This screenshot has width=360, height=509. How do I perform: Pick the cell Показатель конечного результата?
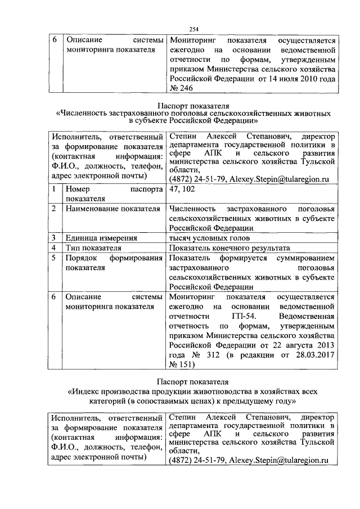tap(229, 247)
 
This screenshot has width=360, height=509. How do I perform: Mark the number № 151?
tap(181, 364)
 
